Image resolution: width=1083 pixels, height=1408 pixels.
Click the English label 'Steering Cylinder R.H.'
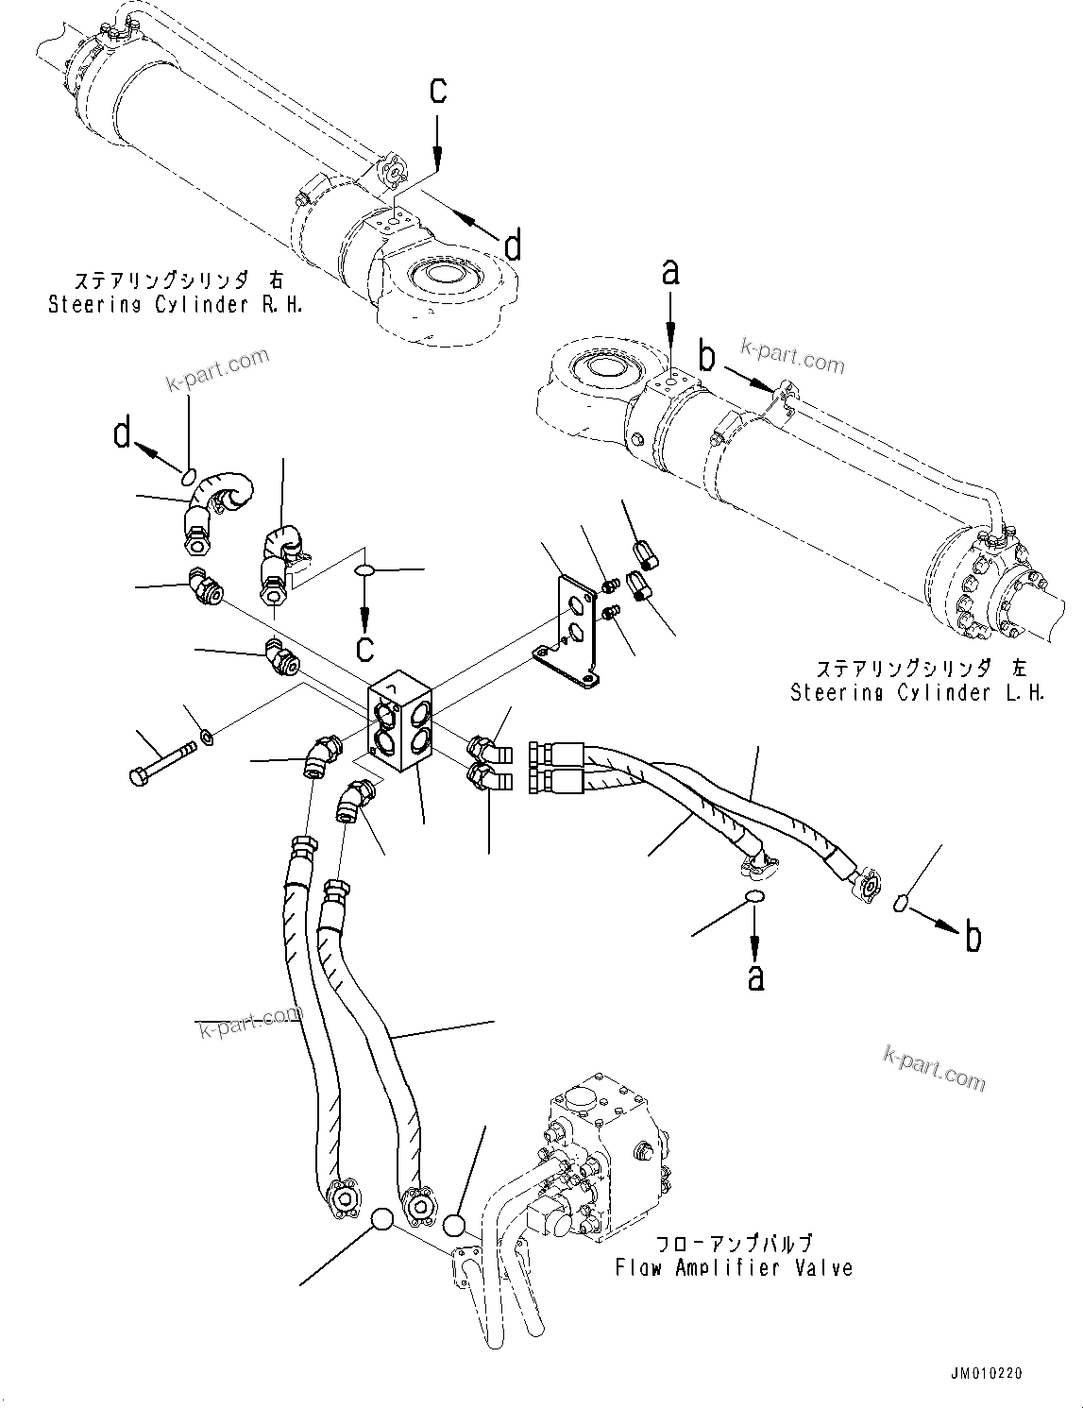176,305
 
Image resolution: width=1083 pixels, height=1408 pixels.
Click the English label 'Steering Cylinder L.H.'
917,692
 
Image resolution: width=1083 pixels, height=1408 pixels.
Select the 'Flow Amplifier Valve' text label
734,1267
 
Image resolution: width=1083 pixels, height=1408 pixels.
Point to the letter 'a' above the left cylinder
670,274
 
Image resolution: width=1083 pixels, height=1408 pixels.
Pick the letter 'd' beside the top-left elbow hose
123,434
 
